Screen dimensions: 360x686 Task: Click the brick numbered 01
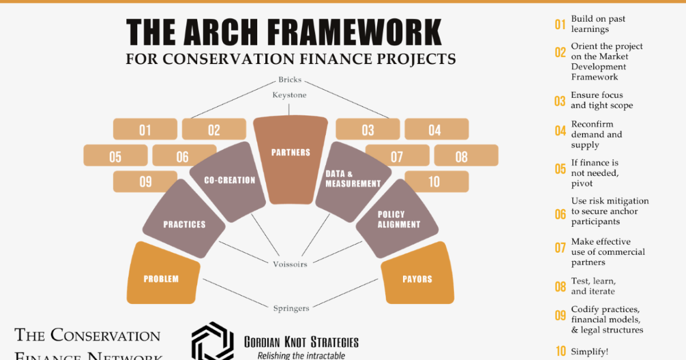145,130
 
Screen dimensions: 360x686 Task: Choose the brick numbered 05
115,156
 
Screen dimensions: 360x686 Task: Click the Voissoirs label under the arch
289,265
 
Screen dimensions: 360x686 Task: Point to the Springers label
291,309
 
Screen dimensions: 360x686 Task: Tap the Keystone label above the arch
289,95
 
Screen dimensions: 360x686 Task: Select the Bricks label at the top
290,79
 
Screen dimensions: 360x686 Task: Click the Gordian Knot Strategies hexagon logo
213,342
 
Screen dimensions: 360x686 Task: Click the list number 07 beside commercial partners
560,248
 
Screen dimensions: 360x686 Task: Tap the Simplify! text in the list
589,351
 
